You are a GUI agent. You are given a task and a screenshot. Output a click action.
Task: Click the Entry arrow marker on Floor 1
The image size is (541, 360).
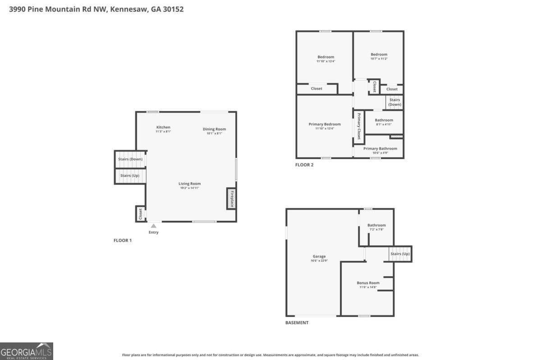pos(153,226)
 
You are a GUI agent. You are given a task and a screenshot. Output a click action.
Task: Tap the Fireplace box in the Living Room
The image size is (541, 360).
pos(231,199)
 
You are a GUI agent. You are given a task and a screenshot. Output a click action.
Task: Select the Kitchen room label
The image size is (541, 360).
pos(163,127)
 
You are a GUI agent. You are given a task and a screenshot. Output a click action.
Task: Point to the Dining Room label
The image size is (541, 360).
pos(214,129)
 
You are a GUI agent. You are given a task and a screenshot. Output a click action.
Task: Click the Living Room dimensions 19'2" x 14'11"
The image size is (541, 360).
pos(189,188)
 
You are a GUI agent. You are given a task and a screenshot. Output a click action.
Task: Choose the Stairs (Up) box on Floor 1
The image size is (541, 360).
pos(129,175)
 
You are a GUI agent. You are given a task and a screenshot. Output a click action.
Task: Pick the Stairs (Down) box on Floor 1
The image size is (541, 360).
pos(130,159)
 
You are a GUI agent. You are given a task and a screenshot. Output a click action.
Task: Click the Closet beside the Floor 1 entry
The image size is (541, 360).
pos(140,214)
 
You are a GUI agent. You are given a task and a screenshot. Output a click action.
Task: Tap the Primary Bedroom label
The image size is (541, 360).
pos(325,124)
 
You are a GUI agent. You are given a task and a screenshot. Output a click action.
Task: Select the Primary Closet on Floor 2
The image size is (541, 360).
pos(359,127)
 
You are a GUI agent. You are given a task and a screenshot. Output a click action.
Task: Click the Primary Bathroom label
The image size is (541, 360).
pos(380,149)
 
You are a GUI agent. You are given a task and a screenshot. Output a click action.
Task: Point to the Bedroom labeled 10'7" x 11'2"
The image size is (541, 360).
pos(379,56)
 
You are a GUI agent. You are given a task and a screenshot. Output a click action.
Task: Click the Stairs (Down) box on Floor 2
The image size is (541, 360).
pos(394,102)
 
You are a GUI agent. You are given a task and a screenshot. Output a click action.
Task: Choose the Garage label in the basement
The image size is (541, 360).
pos(319,256)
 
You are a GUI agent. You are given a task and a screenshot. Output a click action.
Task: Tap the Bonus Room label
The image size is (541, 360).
pos(368,283)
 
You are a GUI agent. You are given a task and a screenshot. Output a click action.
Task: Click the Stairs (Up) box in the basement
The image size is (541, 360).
pos(400,254)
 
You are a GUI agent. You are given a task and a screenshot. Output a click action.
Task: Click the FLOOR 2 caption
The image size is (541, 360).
pos(304,165)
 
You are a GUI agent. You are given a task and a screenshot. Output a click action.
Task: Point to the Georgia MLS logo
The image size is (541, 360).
pos(27,351)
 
